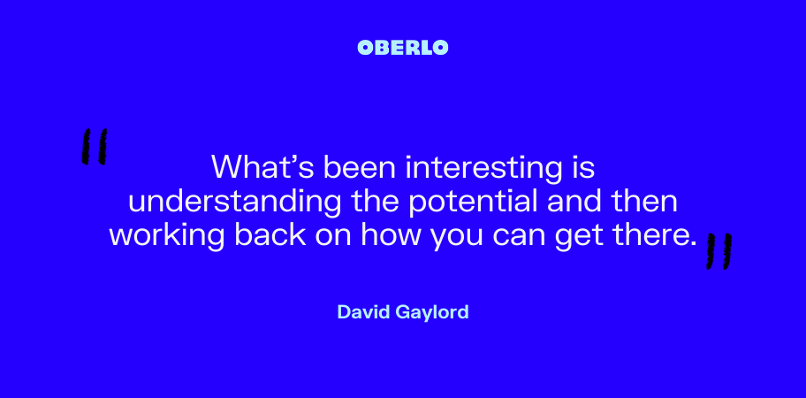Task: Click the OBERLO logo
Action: [403, 48]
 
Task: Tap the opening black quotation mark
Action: [95, 147]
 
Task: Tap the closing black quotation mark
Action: [719, 251]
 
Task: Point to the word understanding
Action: [234, 202]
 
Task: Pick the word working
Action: [167, 236]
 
